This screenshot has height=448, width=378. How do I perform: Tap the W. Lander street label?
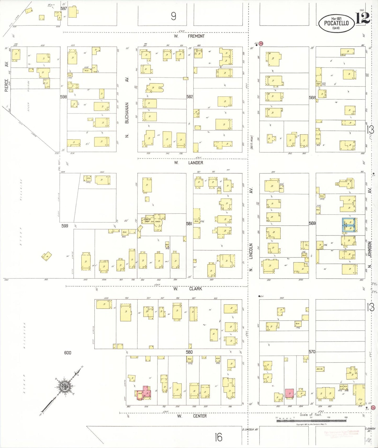pyautogui.click(x=188, y=163)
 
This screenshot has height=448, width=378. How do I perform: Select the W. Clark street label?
pyautogui.click(x=188, y=289)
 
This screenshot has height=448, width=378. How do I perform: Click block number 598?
pyautogui.click(x=63, y=97)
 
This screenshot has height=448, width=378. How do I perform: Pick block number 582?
pyautogui.click(x=190, y=97)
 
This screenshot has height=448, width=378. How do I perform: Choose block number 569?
pyautogui.click(x=312, y=223)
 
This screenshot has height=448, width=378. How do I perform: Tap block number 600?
pyautogui.click(x=67, y=353)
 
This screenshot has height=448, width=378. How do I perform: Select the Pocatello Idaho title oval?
pyautogui.click(x=336, y=23)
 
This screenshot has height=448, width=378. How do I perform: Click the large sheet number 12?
pyautogui.click(x=363, y=18)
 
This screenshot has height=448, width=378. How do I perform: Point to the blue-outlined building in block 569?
pyautogui.click(x=349, y=225)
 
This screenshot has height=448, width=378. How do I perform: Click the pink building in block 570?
pyautogui.click(x=289, y=393)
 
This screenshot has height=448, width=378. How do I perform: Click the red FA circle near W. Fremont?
pyautogui.click(x=261, y=44)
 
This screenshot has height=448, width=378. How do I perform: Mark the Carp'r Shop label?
pyautogui.click(x=147, y=220)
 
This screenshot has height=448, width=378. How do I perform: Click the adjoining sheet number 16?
pyautogui.click(x=218, y=437)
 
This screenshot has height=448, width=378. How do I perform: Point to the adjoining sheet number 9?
pyautogui.click(x=173, y=16)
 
